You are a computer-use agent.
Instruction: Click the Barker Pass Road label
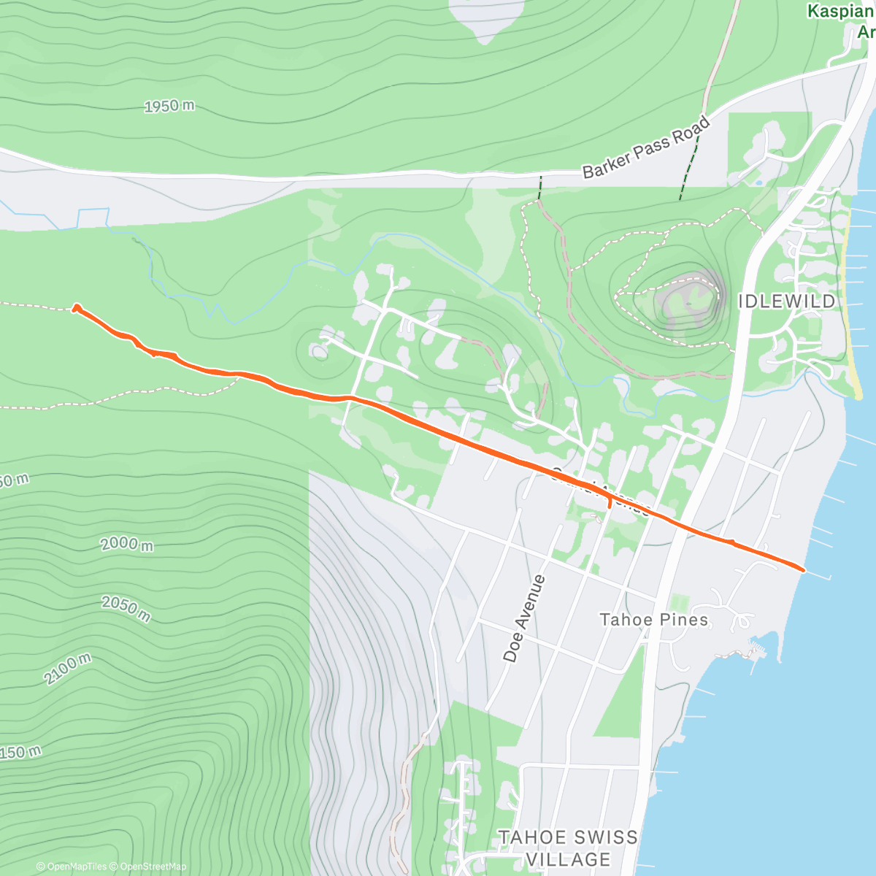646,148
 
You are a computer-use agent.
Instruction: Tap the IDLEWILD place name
786,301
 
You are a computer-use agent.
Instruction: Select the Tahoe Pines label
653,620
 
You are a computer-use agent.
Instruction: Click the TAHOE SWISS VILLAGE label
568,848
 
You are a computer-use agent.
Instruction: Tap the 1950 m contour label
169,107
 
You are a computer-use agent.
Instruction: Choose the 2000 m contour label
128,543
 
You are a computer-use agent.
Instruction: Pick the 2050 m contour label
126,608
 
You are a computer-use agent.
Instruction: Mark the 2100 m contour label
67,669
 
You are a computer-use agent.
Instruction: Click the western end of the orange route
76,309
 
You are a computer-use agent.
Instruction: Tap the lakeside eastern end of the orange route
802,569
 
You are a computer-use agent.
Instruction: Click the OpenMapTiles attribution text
71,867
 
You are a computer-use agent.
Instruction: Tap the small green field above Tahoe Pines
679,604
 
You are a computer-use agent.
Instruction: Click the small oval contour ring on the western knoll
319,352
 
